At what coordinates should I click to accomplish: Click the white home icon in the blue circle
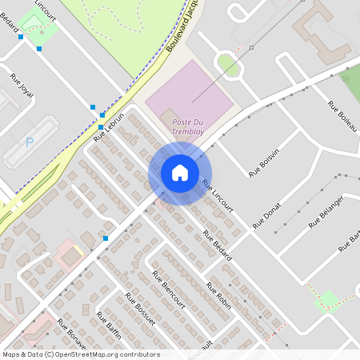[x=180, y=173]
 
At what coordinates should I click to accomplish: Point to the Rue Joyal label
[x=22, y=83]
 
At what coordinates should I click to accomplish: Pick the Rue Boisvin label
[x=264, y=162]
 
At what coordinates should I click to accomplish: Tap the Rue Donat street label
[x=267, y=215]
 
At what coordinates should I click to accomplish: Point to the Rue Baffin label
[x=109, y=326]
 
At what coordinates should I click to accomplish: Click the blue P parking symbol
[x=30, y=142]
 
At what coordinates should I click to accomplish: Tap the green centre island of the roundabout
[x=228, y=64]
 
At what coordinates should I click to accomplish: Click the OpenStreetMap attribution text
[x=80, y=354]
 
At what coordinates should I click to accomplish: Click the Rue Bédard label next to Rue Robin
[x=217, y=245]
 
